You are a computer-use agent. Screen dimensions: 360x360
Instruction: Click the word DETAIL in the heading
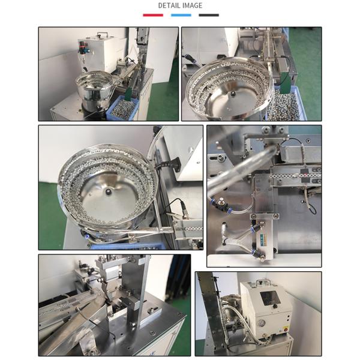[169, 5]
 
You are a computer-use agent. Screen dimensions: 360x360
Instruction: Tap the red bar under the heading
[153, 15]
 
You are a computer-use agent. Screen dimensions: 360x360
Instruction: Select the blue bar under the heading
[181, 15]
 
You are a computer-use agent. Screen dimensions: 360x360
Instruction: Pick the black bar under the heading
[209, 15]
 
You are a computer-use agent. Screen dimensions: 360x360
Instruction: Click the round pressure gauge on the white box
[261, 323]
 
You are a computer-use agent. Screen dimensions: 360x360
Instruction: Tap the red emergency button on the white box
[286, 330]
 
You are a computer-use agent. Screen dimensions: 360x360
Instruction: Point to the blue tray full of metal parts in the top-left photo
[122, 108]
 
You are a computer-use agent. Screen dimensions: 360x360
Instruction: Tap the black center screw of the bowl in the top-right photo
[233, 94]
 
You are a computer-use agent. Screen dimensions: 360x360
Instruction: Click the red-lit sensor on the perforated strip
[305, 175]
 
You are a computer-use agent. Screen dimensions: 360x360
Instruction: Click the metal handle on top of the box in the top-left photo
[103, 35]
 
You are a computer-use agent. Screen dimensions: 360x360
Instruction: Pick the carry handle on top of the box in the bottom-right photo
[263, 282]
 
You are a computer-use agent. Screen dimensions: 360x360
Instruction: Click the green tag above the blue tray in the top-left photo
[128, 94]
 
